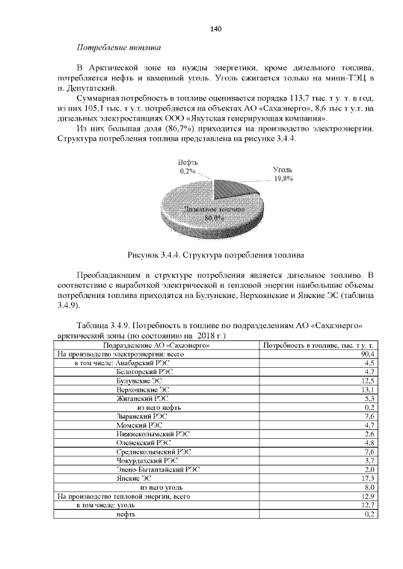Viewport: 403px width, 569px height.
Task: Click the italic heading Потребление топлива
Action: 118,48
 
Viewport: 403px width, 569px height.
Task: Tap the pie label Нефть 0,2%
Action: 186,166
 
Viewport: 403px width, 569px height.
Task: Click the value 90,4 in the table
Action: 368,355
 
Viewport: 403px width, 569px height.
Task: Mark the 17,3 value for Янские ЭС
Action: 369,478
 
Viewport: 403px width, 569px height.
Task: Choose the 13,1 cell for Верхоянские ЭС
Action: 369,389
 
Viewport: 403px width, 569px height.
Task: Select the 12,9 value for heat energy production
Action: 369,496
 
